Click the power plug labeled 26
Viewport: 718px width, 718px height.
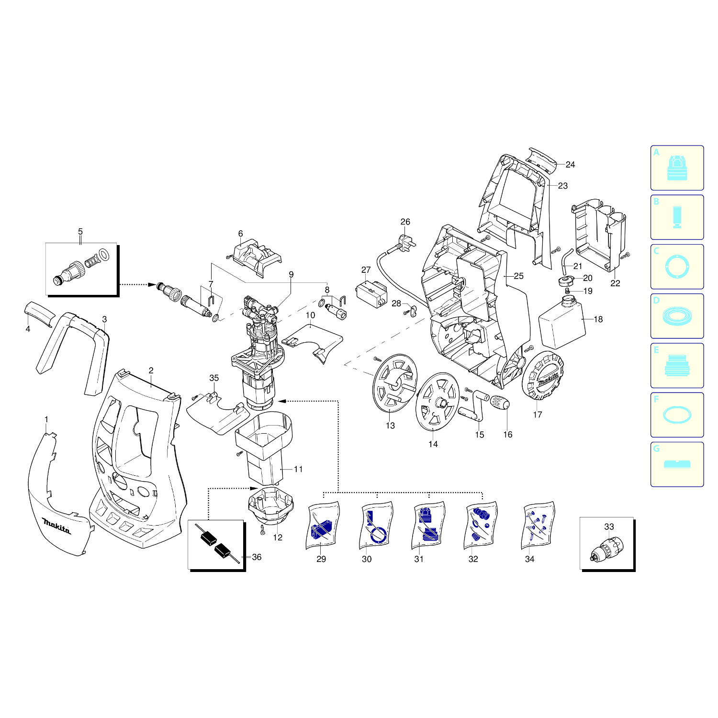(406, 239)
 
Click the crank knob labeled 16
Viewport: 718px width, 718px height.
(500, 404)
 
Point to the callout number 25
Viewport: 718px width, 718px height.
(518, 276)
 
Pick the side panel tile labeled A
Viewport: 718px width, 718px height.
(677, 168)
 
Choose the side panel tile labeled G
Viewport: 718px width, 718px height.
(677, 464)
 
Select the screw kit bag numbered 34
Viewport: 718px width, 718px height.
(538, 525)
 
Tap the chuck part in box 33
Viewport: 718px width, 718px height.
(606, 550)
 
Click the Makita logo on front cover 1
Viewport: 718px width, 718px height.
(56, 525)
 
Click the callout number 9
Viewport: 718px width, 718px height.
(291, 275)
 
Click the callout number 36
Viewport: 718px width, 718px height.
(257, 557)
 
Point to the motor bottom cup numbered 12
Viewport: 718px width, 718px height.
(269, 506)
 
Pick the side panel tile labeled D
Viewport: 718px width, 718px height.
(677, 316)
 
